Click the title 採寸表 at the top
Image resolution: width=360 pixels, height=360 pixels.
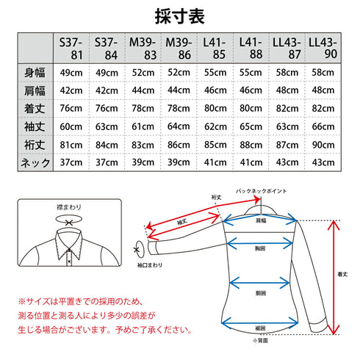coord(180,15)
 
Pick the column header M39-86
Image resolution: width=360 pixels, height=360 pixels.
coord(177,48)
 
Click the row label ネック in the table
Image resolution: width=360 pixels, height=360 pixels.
coord(34,162)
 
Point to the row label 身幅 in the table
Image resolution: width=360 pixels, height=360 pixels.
coord(34,71)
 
